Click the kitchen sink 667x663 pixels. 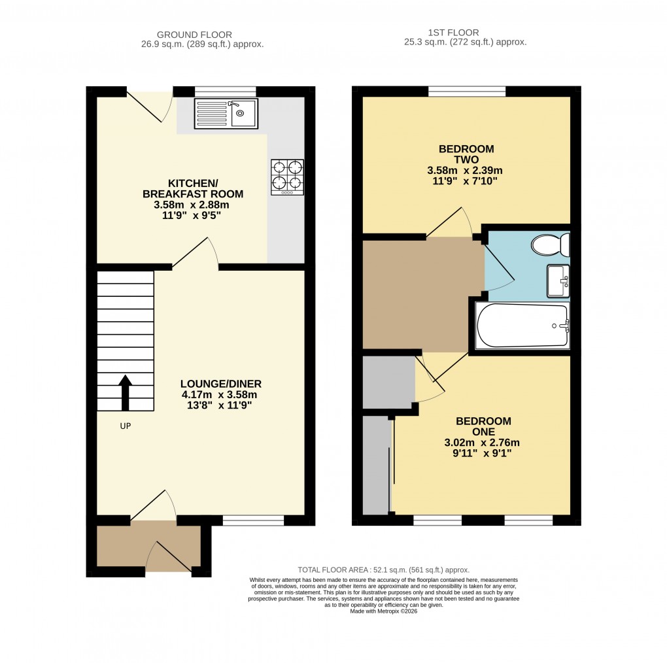(226, 113)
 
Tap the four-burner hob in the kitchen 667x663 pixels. (287, 177)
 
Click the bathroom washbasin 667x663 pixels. (558, 281)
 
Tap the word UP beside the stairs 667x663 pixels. (126, 426)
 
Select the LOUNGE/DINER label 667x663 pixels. (222, 384)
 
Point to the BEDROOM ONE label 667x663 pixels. (483, 426)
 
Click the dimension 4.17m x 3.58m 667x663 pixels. (222, 394)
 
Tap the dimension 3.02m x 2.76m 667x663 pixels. (483, 442)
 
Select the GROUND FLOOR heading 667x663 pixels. (194, 35)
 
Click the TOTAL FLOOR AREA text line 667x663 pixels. (383, 569)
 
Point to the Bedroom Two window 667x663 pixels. (467, 92)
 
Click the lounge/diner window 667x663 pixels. (253, 520)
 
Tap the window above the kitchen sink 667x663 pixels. (225, 92)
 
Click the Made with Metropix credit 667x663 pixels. (383, 611)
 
